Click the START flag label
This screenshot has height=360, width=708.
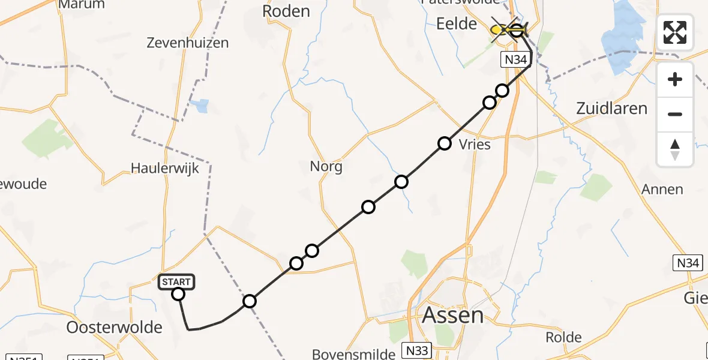click(176, 281)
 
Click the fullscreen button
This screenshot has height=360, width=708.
click(675, 32)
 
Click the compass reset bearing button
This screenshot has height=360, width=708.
click(675, 148)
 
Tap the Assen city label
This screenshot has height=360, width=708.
click(453, 316)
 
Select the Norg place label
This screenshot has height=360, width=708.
click(326, 166)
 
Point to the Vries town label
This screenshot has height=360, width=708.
click(474, 145)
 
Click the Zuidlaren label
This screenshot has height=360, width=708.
click(611, 109)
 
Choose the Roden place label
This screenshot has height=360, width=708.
click(286, 11)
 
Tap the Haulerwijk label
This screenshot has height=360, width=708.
click(164, 169)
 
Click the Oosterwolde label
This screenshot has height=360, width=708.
click(115, 328)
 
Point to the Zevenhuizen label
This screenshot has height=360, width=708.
click(188, 43)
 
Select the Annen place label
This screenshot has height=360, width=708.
click(662, 190)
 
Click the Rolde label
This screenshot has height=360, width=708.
click(564, 337)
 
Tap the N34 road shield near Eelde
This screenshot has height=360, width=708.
click(515, 59)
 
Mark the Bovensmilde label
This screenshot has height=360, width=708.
click(353, 354)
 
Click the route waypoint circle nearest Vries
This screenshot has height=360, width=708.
click(445, 143)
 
